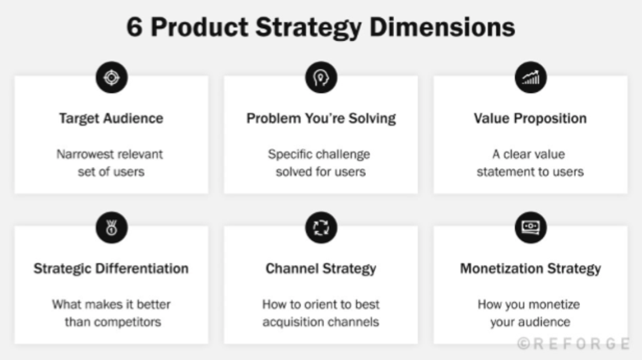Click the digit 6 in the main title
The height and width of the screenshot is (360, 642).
pos(135,27)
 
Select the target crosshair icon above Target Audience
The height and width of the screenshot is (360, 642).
pos(111,78)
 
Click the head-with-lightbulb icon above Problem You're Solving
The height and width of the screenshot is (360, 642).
pos(321,78)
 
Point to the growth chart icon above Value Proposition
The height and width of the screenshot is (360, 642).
pos(531,78)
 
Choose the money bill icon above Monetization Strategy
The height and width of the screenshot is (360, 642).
pos(531,226)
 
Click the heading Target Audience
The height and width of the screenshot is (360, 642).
pos(111,118)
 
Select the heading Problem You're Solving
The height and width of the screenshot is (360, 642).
pos(321,118)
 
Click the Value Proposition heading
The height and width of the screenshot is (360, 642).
pos(530,118)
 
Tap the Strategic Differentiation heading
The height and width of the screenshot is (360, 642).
pos(111,268)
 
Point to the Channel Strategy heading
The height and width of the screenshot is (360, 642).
pos(321,268)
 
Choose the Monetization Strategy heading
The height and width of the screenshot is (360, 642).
pos(530,268)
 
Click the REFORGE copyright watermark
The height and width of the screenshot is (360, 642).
pos(574,344)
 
